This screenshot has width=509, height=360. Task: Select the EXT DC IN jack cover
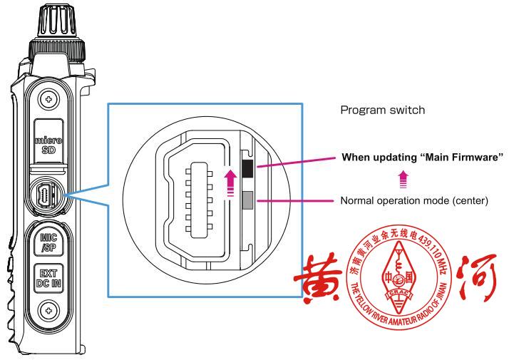(48, 277)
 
